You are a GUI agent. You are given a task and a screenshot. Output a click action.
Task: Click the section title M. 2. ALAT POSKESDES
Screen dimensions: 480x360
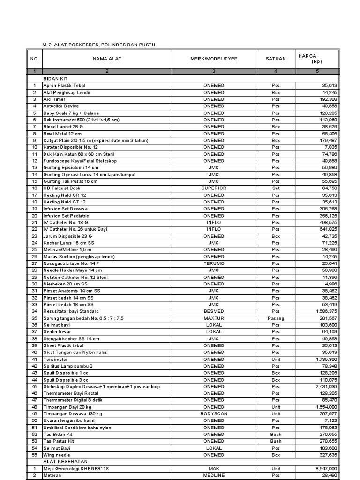click(98, 45)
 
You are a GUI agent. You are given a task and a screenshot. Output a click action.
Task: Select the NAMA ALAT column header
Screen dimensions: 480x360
click(107, 59)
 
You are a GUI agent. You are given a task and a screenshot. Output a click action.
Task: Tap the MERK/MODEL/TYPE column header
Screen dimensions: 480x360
click(214, 59)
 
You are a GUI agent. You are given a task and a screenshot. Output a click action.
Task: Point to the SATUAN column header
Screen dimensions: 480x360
click(276, 59)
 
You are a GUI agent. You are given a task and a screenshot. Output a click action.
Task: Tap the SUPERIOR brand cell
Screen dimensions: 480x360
click(214, 188)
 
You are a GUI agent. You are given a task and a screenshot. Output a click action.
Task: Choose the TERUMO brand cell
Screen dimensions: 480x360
click(214, 263)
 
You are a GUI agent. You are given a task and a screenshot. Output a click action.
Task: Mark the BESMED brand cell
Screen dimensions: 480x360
click(214, 311)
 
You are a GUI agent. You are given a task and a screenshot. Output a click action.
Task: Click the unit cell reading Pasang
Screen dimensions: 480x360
click(276, 318)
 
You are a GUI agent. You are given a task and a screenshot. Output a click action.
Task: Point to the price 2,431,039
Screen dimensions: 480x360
click(323, 387)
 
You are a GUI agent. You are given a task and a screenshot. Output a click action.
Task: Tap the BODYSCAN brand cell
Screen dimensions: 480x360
click(214, 414)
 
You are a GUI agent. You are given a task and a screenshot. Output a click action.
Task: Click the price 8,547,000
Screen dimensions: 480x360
click(323, 468)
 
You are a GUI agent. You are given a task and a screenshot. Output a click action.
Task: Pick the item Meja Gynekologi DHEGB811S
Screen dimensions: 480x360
click(76, 468)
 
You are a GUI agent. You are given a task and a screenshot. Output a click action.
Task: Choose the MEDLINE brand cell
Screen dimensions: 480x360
click(214, 475)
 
